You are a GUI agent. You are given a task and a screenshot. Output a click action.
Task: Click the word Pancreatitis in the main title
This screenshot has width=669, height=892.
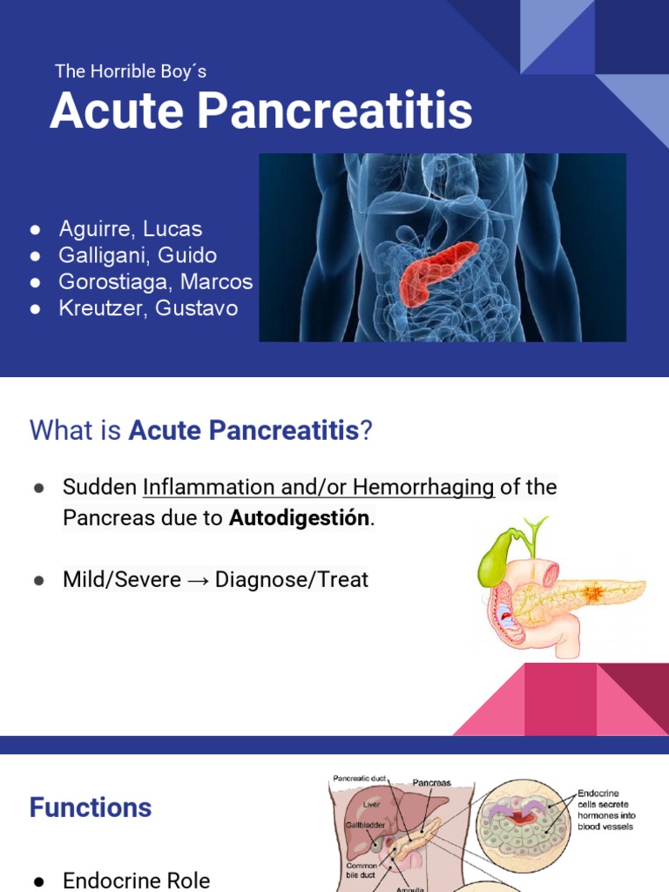click(x=334, y=111)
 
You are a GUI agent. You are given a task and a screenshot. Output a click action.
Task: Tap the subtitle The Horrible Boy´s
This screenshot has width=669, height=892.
click(x=131, y=71)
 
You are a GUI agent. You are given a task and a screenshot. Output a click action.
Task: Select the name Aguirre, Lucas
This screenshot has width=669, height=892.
click(x=131, y=229)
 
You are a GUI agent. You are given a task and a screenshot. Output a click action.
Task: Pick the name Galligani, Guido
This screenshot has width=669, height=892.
click(x=138, y=255)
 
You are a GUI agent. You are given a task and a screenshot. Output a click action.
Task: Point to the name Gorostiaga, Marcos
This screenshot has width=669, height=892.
click(x=155, y=281)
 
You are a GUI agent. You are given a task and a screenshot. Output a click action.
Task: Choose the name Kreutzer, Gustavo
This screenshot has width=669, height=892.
click(x=148, y=307)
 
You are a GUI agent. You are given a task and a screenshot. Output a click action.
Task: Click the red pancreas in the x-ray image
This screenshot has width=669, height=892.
click(x=437, y=272)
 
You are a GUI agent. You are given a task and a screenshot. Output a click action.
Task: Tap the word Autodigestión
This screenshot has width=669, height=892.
click(x=300, y=517)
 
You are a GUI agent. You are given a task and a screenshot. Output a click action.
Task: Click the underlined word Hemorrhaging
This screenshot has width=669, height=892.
click(x=423, y=487)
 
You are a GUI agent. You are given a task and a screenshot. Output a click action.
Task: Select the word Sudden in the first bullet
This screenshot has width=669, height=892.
click(x=99, y=487)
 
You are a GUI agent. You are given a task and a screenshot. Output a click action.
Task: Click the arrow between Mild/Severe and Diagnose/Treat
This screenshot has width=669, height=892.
click(x=198, y=580)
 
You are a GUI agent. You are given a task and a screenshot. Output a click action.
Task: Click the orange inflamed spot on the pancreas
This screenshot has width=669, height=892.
click(x=592, y=593)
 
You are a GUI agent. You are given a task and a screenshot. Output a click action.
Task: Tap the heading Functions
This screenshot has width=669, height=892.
click(x=91, y=808)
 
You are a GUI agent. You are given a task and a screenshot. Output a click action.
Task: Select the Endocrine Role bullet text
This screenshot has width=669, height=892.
click(x=136, y=880)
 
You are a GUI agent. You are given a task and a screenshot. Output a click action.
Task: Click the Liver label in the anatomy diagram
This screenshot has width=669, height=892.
click(x=371, y=804)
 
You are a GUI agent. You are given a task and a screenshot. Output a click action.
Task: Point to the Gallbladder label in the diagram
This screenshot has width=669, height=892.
click(x=365, y=825)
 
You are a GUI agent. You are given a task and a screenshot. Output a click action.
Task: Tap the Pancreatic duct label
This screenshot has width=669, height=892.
click(x=359, y=778)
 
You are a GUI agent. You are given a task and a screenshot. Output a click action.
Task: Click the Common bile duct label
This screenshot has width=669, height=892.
click(x=361, y=870)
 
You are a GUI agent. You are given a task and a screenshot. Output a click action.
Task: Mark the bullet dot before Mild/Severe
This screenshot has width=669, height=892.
click(x=38, y=580)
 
